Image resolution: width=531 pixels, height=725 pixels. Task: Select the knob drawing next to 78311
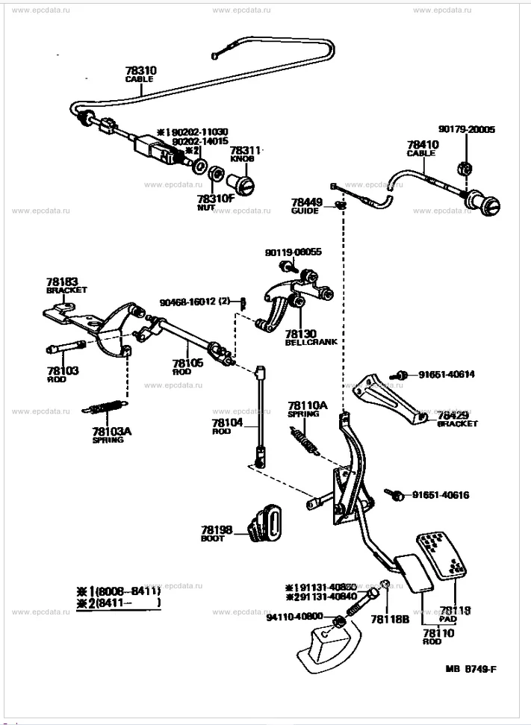pos(243,181)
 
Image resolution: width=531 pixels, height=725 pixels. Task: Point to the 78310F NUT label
pos(216,202)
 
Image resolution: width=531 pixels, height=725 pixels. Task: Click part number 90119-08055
pos(293,252)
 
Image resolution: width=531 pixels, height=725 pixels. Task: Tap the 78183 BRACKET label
pos(66,284)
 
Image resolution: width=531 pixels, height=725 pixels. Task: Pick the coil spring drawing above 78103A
pos(104,408)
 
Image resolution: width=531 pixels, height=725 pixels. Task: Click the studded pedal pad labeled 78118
pos(444,555)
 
